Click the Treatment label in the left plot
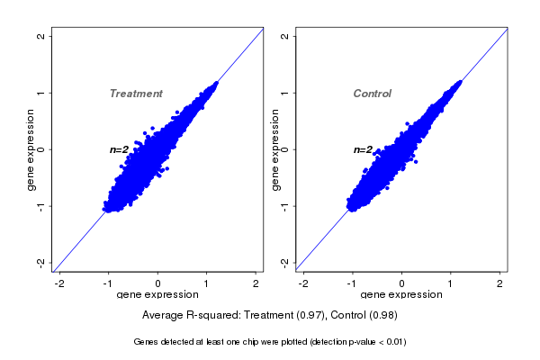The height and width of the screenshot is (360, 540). click(x=136, y=94)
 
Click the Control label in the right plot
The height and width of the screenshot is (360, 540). click(x=373, y=94)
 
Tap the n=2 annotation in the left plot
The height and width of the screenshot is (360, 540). click(x=120, y=149)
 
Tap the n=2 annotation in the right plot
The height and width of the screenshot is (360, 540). click(x=364, y=149)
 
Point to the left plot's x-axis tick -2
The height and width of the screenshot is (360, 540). click(x=60, y=283)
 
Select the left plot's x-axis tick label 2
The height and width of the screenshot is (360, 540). click(x=256, y=283)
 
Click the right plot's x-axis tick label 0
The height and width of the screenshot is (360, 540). click(x=402, y=283)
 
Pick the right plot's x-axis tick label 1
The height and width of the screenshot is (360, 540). click(x=451, y=283)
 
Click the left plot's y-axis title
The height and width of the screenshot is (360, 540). click(x=31, y=149)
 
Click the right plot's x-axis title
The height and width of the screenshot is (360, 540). click(x=401, y=294)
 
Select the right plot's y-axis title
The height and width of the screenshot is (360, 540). click(x=275, y=149)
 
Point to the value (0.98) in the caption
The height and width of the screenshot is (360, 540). click(x=382, y=316)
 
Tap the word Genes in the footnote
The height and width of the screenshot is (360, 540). click(x=146, y=342)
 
